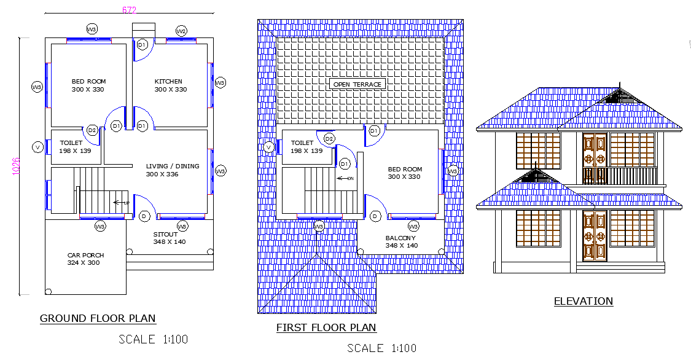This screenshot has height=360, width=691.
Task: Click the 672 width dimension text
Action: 129,10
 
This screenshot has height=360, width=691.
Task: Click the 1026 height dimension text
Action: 17,166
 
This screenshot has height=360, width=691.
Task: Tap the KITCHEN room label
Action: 168,81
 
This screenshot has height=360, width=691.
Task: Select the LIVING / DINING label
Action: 172,166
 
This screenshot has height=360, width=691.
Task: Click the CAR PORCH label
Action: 85,255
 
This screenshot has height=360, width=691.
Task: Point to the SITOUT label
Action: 165,234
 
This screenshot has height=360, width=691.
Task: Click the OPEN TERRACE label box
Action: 357,84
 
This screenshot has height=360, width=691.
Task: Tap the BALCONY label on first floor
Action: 400,238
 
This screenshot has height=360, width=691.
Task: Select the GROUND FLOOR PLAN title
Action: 98,318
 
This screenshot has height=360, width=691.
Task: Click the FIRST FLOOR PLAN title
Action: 326,327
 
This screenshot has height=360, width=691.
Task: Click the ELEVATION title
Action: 583,301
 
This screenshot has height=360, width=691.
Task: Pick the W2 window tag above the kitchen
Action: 181,31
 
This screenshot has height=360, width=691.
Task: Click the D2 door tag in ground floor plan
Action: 93,130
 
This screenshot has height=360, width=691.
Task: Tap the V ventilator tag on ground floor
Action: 37,147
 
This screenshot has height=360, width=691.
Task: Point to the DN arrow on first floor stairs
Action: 345,178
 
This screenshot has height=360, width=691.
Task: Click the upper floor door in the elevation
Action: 594,158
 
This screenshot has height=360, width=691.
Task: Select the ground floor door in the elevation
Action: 594,237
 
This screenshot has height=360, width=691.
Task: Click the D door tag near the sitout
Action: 144,216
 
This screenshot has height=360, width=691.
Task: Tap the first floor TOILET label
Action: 302,143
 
